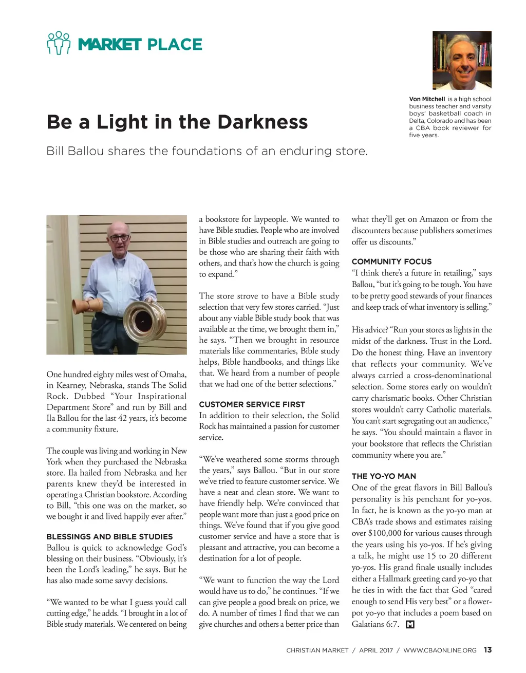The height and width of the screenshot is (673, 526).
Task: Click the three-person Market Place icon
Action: click(x=58, y=43)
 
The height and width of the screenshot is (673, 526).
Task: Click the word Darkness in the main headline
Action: click(x=262, y=122)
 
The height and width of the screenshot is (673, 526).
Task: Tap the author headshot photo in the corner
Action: click(x=462, y=60)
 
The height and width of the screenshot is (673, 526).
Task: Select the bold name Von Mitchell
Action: click(x=427, y=99)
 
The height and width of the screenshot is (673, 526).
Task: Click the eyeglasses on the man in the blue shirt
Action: click(x=119, y=238)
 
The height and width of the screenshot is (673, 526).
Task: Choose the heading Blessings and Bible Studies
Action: click(x=109, y=536)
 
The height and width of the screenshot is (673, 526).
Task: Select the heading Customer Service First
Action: click(x=252, y=404)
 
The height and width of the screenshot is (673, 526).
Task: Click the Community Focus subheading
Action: click(x=391, y=261)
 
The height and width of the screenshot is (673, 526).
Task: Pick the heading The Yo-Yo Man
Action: click(x=384, y=476)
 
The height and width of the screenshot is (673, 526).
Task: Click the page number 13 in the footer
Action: click(x=487, y=650)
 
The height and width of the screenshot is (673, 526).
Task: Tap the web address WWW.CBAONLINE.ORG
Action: click(x=440, y=650)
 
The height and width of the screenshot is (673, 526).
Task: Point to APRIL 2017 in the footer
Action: click(x=376, y=650)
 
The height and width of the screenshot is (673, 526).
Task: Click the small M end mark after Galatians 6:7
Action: click(x=410, y=625)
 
